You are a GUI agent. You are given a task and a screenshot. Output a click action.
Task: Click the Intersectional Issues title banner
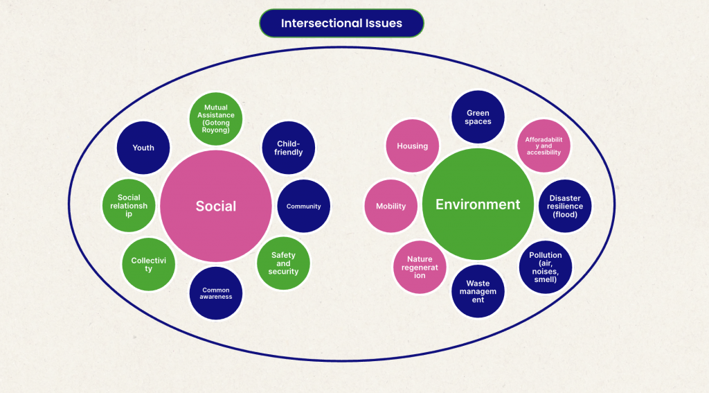(x=341, y=23)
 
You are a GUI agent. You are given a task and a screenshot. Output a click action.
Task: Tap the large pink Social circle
(x=215, y=206)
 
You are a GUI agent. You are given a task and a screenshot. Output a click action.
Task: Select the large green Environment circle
(x=478, y=204)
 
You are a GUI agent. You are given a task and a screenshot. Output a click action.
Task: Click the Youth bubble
(x=143, y=148)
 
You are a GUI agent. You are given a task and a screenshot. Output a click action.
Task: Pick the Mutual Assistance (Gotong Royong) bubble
(x=216, y=119)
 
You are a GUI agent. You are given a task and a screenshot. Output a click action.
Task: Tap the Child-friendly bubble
(x=289, y=148)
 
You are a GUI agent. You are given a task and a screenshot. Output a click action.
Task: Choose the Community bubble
(x=303, y=206)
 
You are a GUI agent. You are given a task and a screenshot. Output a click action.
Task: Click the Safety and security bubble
(x=283, y=263)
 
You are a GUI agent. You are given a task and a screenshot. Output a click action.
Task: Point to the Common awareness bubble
(x=216, y=293)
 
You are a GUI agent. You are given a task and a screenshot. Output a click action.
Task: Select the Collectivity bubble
(x=148, y=264)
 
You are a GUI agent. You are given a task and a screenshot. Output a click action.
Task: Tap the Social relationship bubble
(x=129, y=206)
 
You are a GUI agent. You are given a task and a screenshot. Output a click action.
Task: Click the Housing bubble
(x=412, y=146)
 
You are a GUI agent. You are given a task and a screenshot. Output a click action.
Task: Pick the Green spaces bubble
(x=478, y=117)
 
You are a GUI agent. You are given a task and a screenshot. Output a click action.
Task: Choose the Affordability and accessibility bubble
(x=544, y=146)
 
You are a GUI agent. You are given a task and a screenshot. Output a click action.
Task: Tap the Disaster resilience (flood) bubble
(x=565, y=206)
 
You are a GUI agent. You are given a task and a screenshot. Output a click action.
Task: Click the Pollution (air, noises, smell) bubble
(x=546, y=267)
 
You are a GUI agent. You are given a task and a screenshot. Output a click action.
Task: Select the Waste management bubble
(x=478, y=291)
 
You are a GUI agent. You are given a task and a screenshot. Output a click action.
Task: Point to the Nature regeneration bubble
(x=420, y=267)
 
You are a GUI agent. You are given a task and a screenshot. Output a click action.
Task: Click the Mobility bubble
(x=391, y=206)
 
